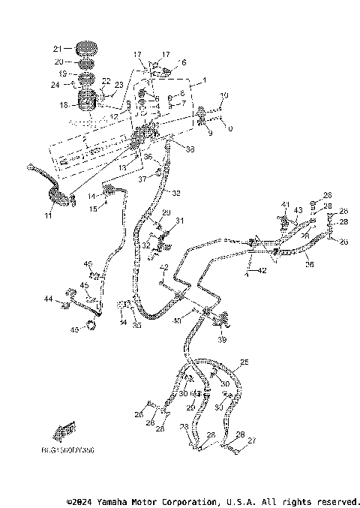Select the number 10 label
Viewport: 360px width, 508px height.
(223, 96)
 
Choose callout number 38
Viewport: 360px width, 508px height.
(190, 150)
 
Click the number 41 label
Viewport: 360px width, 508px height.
(285, 204)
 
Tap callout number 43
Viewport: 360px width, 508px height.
(298, 209)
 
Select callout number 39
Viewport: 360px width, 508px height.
(222, 340)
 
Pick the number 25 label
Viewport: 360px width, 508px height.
(243, 362)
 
